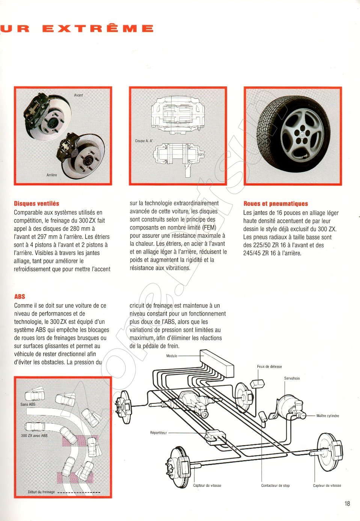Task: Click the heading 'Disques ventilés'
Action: point(36,204)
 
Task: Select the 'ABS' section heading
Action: point(20,296)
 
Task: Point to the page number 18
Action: point(347,503)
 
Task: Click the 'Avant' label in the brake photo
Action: point(78,95)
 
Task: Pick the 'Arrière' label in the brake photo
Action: point(52,175)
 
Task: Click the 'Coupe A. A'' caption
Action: point(144,141)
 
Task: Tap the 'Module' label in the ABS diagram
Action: point(172,356)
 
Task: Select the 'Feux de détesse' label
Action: point(269,367)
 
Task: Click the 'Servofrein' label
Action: point(292,379)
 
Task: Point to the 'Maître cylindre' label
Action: point(327,416)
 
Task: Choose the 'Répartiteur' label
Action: point(158,433)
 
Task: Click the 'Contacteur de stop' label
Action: point(275,486)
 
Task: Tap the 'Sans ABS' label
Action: point(28,405)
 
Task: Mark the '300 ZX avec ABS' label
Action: point(34,436)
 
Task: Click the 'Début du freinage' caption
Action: point(41,492)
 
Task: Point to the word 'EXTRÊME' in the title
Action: point(98,29)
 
